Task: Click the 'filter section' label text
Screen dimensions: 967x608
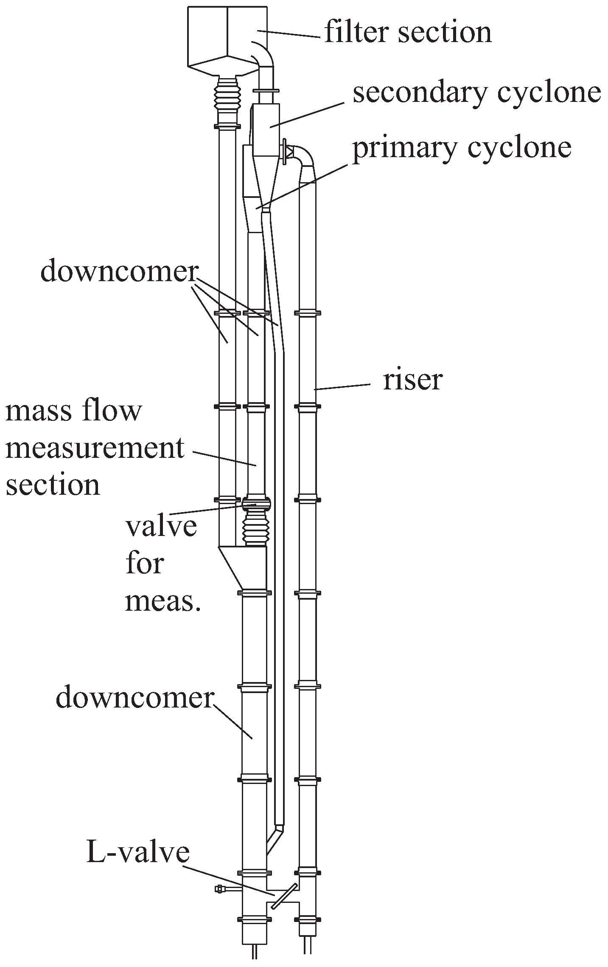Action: pos(408,32)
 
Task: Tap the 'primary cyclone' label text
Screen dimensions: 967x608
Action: pos(462,147)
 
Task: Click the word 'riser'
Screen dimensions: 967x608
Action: pos(412,379)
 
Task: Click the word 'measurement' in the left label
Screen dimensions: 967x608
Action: pos(95,448)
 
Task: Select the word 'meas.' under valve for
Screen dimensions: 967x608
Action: pos(163,600)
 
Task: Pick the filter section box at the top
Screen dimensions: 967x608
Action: pos(227,36)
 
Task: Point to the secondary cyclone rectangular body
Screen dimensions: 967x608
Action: pos(265,127)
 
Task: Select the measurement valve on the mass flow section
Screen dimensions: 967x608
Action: pos(256,504)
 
